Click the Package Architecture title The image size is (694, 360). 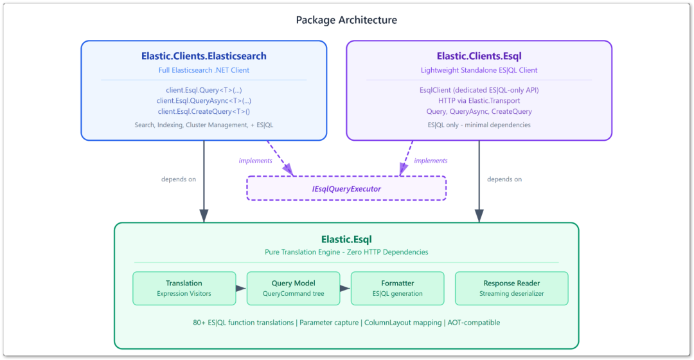(346, 20)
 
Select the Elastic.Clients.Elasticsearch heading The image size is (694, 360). (204, 56)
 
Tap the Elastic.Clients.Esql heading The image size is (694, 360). (479, 56)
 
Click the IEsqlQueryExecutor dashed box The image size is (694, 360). (346, 188)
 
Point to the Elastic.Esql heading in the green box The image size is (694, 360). (346, 240)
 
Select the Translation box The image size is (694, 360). (184, 288)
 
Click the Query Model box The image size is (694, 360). (293, 288)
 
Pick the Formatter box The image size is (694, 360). (397, 288)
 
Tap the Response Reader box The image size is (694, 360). (512, 288)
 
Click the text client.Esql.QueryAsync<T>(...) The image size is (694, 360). (204, 101)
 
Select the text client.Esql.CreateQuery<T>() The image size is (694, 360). (204, 111)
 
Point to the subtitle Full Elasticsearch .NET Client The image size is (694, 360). (204, 70)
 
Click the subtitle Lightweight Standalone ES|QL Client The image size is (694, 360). (479, 70)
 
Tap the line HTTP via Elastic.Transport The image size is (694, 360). (479, 101)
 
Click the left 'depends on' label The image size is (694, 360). (179, 179)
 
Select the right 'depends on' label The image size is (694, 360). (504, 179)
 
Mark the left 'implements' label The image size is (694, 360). (255, 161)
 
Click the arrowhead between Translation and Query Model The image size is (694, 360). (241, 288)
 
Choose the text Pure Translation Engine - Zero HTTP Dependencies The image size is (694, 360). (346, 252)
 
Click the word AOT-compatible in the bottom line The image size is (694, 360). (474, 323)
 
